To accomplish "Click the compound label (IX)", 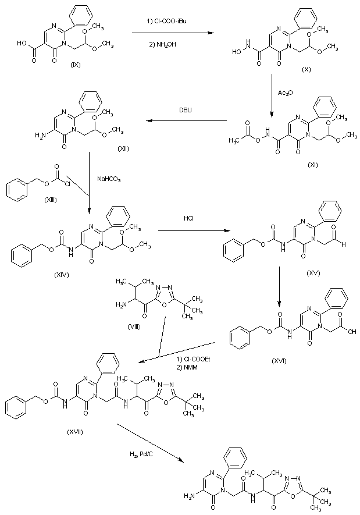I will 74,65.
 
